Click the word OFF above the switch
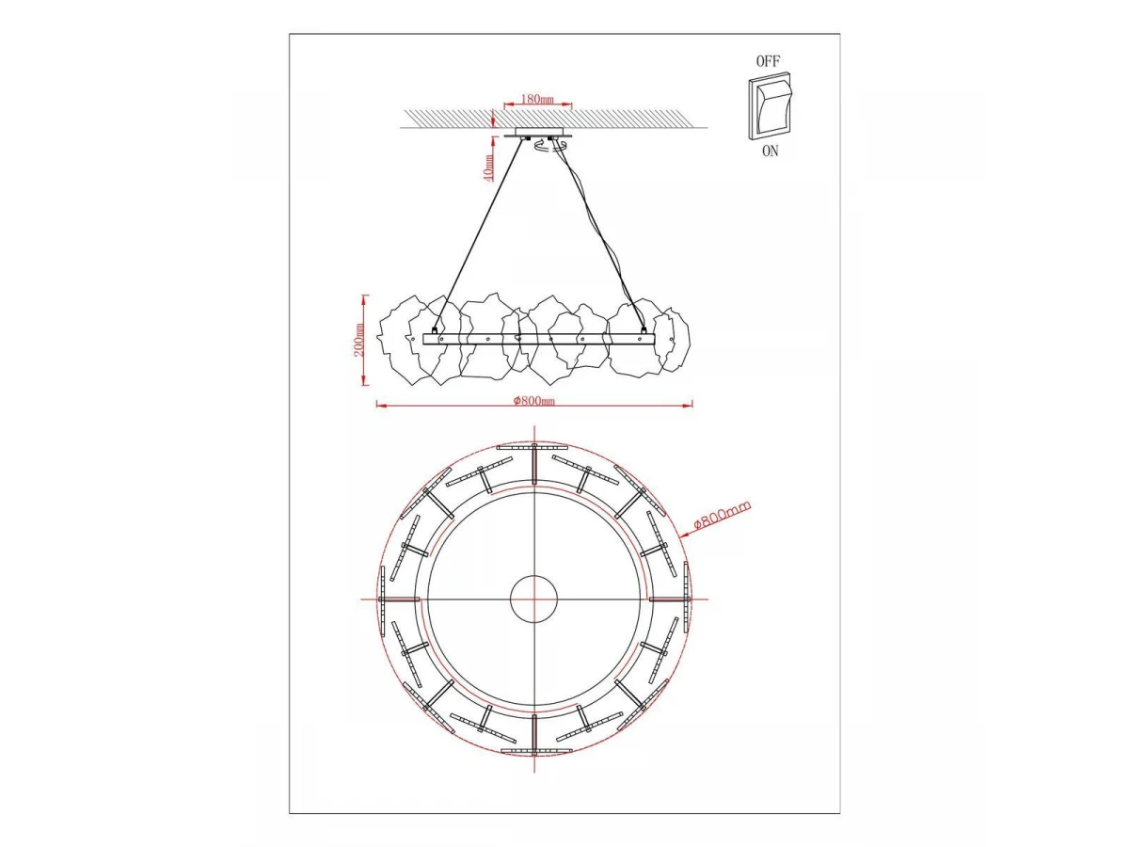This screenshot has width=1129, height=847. pos(768,61)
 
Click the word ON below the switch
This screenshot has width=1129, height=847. pos(770,152)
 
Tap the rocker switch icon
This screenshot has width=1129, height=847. pos(770,106)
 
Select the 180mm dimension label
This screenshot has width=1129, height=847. pos(537,98)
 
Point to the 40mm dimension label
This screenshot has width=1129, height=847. pos(488,168)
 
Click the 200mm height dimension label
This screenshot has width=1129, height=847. pos(359,340)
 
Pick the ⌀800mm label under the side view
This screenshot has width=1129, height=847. pos(534,400)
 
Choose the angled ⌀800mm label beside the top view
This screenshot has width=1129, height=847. pos(722,515)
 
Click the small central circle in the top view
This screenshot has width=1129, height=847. pos(533,599)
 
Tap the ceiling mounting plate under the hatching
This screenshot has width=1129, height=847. pos(538,133)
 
